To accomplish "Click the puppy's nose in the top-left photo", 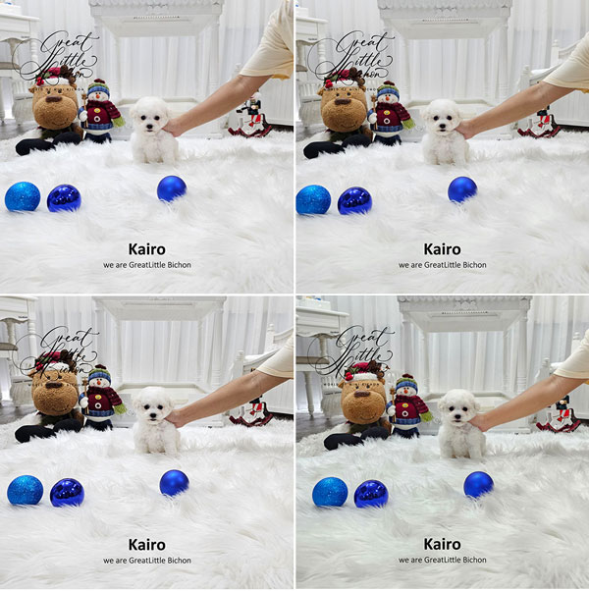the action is pyautogui.click(x=150, y=126).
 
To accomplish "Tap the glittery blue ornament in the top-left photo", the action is pyautogui.click(x=23, y=196).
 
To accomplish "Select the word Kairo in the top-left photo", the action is pyautogui.click(x=147, y=249).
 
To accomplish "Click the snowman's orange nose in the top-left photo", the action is pyautogui.click(x=99, y=95).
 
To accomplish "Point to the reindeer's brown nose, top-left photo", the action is pyautogui.click(x=54, y=99).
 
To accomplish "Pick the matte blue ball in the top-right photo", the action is pyautogui.click(x=462, y=189).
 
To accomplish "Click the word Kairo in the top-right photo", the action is pyautogui.click(x=442, y=249).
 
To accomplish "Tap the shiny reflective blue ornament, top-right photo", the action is pyautogui.click(x=354, y=200).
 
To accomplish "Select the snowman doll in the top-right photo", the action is pyautogui.click(x=391, y=113).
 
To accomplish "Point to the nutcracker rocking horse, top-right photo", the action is pyautogui.click(x=540, y=123).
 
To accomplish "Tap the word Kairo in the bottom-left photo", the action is pyautogui.click(x=147, y=545).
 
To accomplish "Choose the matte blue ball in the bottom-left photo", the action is pyautogui.click(x=174, y=483).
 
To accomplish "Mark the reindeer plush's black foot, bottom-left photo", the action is pyautogui.click(x=29, y=434).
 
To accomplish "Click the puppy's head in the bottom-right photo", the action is pyautogui.click(x=458, y=408).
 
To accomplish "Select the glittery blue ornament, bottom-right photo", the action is pyautogui.click(x=330, y=492).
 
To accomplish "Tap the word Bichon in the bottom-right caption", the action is pyautogui.click(x=474, y=561).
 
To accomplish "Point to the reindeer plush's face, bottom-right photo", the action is pyautogui.click(x=362, y=402).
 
